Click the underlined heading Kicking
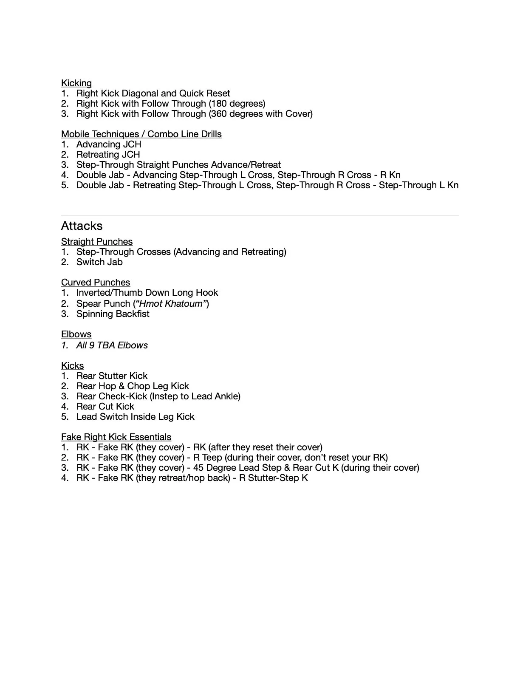76,83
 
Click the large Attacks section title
82,226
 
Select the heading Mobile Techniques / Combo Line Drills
141,134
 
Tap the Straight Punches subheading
97,242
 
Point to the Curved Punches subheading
96,283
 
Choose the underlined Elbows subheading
76,334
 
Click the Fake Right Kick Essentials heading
116,437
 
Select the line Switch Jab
99,262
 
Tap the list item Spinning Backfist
113,314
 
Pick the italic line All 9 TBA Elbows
112,345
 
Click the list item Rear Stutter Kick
112,376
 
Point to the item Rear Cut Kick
105,407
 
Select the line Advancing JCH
109,144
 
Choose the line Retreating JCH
108,155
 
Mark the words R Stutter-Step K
274,478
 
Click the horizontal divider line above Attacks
260,216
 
